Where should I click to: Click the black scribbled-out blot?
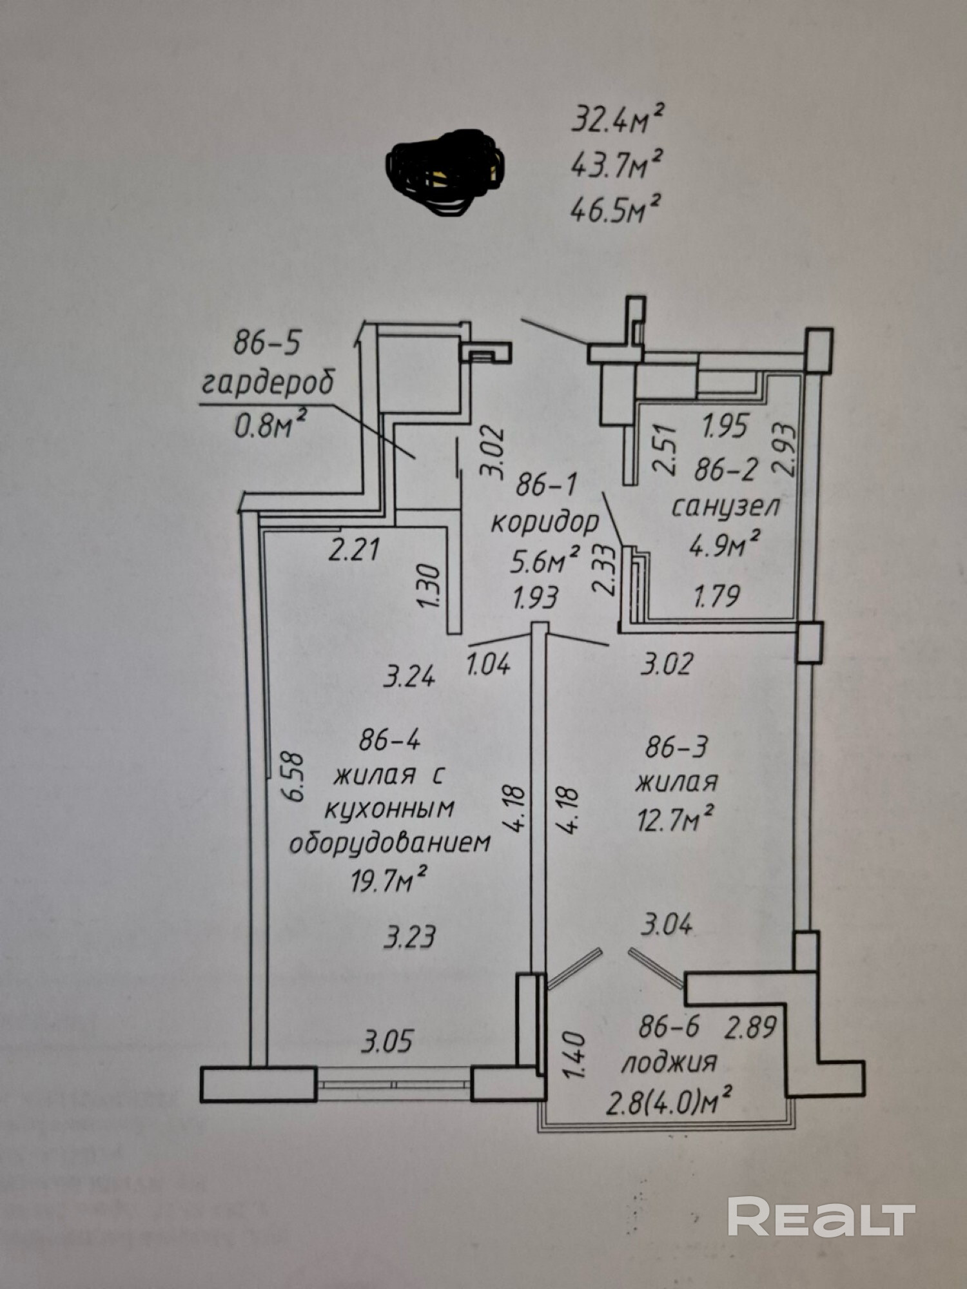(445, 171)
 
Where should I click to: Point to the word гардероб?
(268, 383)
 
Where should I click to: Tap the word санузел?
(726, 506)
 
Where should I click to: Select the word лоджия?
(669, 1061)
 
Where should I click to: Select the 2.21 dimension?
(354, 551)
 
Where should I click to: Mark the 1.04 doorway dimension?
(489, 663)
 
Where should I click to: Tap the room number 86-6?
(669, 1027)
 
